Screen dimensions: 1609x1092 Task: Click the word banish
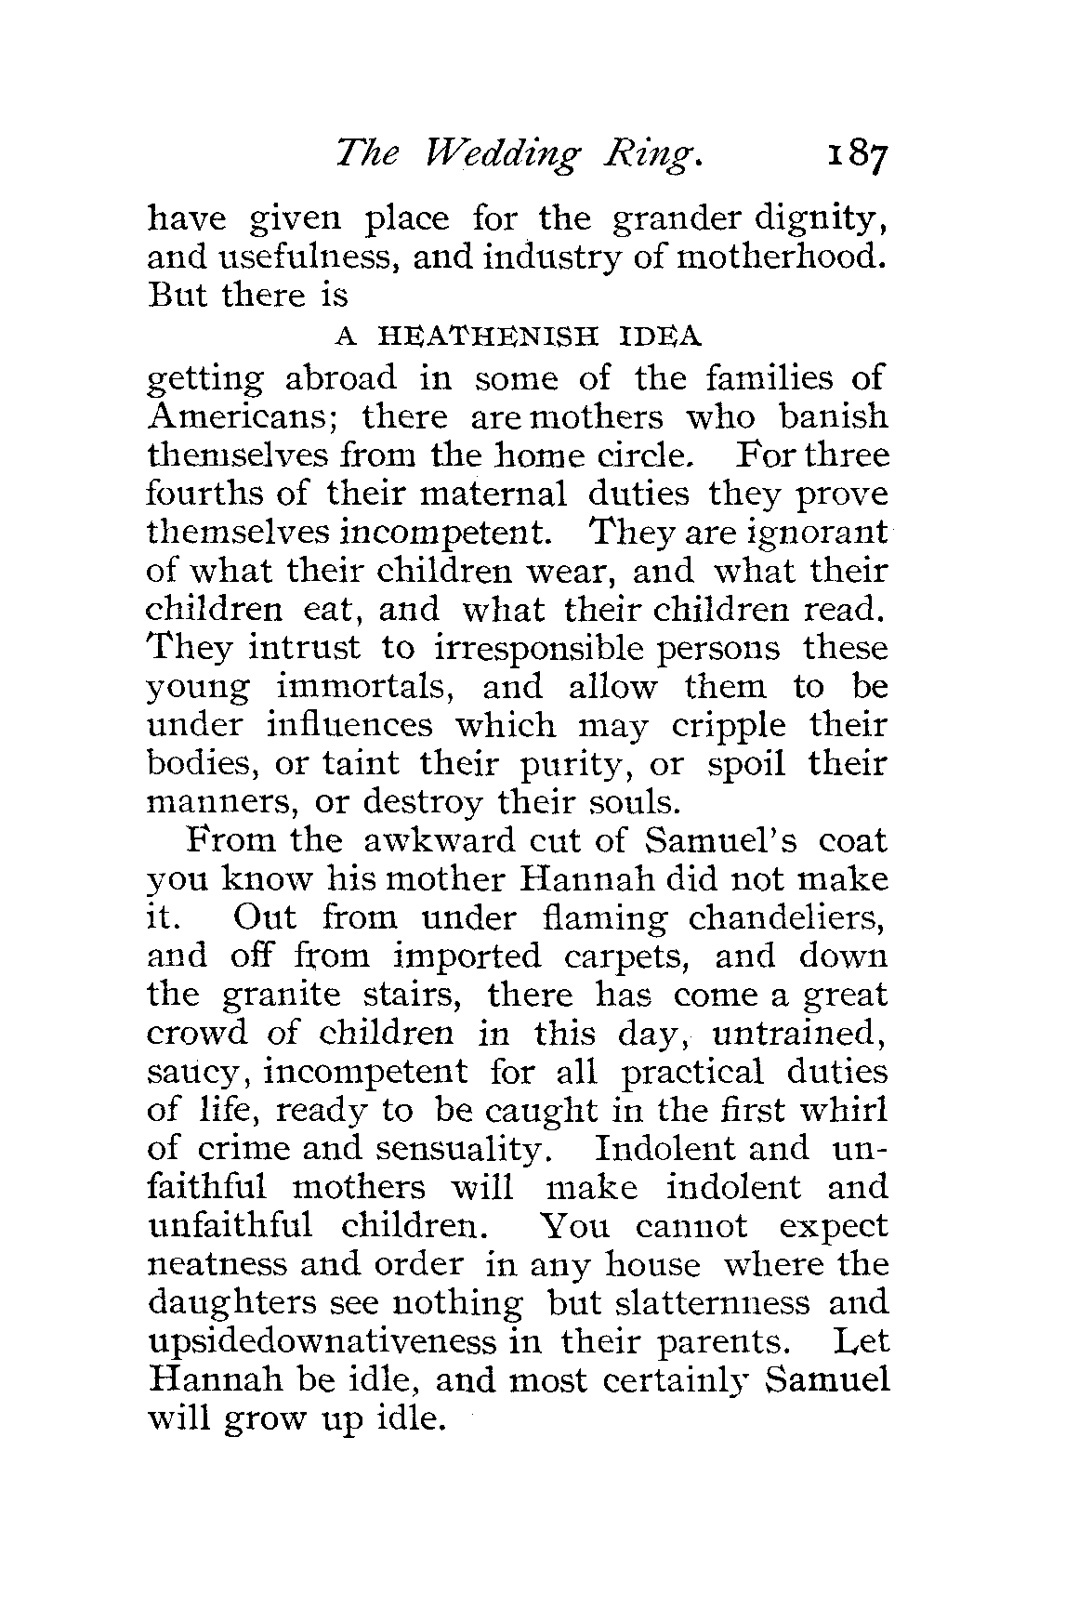[834, 416]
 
